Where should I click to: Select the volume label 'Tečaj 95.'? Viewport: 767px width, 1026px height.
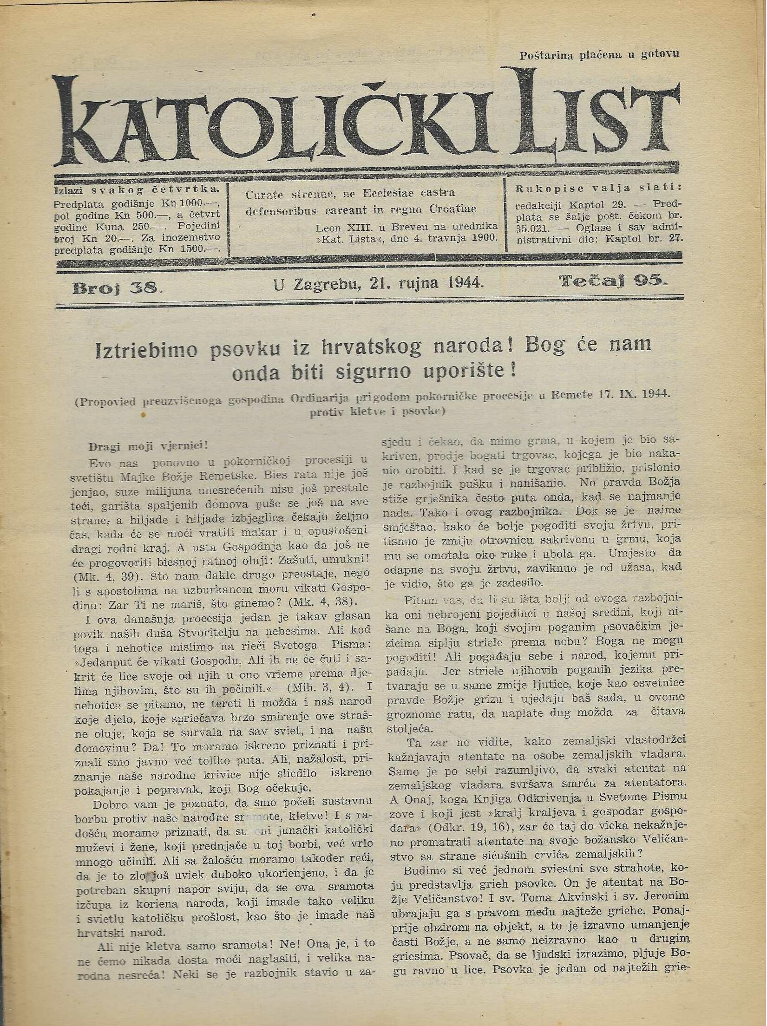click(613, 281)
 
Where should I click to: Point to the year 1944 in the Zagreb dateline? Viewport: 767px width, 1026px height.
click(461, 283)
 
